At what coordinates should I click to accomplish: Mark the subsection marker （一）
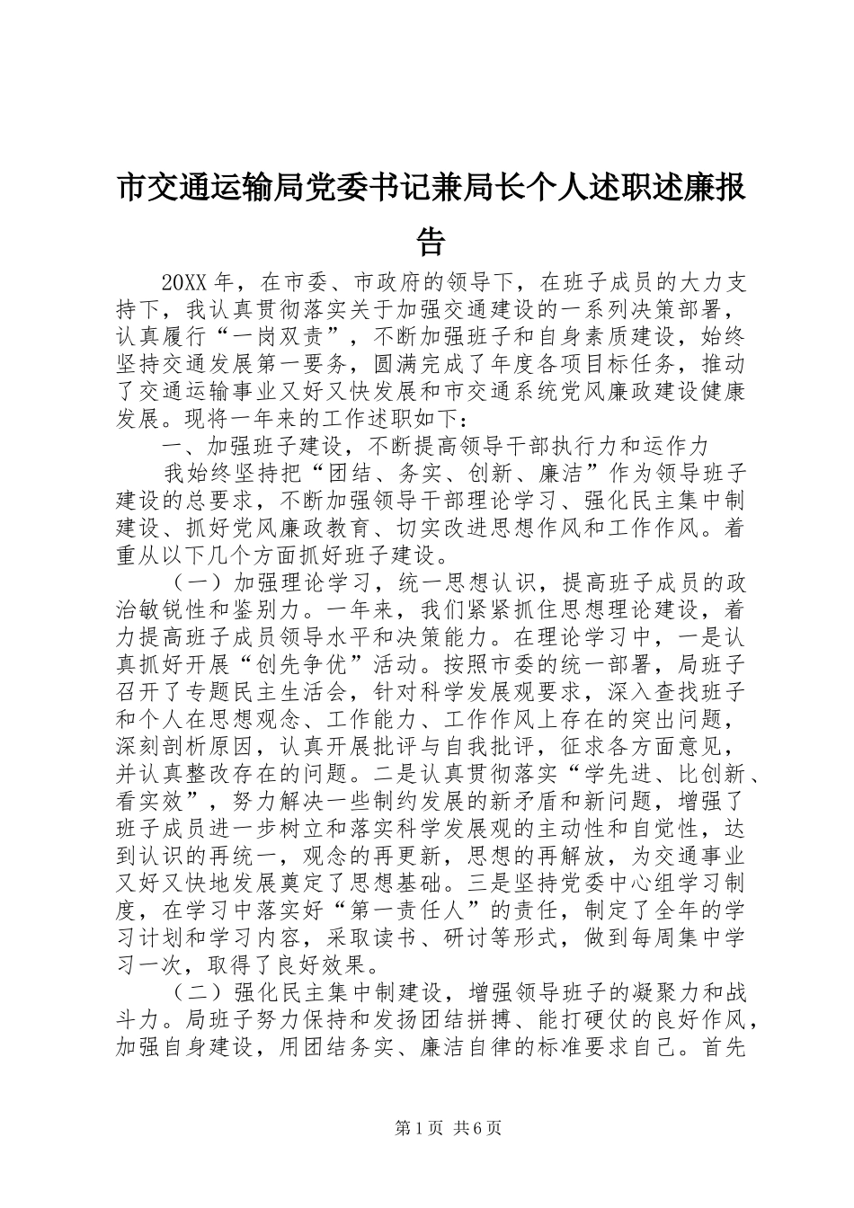(x=200, y=583)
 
